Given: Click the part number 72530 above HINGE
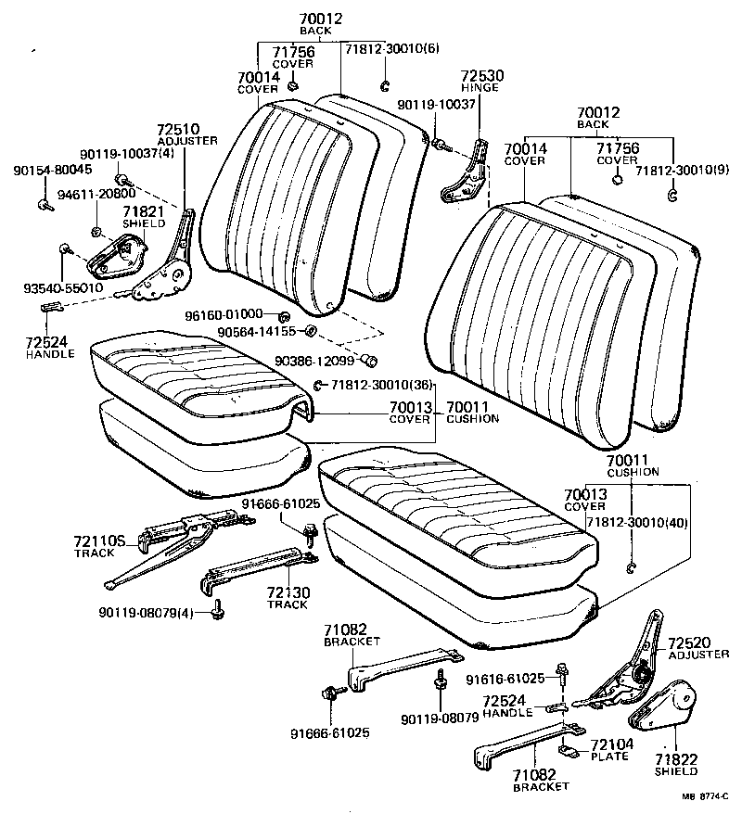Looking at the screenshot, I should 481,75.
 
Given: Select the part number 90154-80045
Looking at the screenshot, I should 52,171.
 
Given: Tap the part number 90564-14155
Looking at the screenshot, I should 256,331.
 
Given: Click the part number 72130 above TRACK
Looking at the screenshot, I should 288,593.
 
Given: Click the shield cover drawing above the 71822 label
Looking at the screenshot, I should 667,709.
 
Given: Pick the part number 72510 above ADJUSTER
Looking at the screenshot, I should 178,130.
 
